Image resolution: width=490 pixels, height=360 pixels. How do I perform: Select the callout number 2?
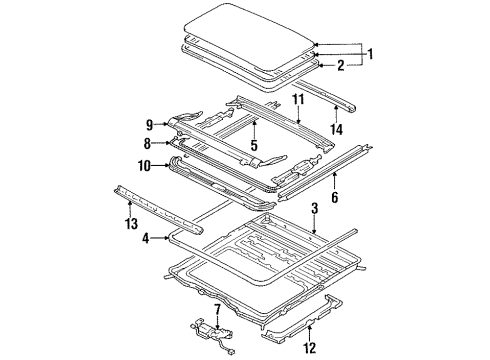(340, 66)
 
